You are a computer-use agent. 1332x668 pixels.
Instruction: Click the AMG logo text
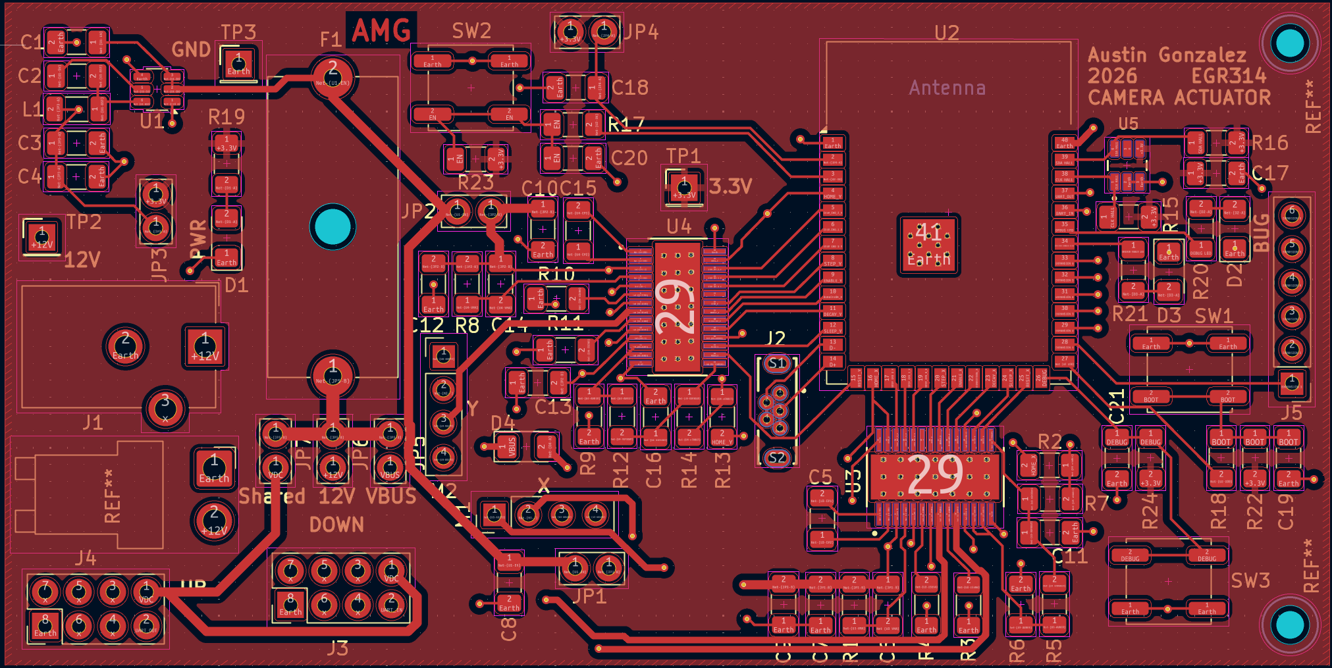click(381, 30)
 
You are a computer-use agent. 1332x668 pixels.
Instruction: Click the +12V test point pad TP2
click(42, 237)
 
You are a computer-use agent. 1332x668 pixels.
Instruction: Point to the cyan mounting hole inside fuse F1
click(333, 226)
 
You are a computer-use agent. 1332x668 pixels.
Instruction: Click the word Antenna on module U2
click(947, 88)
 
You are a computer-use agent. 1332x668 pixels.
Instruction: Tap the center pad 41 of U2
click(928, 244)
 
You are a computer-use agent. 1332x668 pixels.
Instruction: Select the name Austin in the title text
click(1117, 55)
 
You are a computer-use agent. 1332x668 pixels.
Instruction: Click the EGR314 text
click(1229, 76)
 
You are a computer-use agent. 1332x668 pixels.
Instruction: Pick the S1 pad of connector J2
click(777, 363)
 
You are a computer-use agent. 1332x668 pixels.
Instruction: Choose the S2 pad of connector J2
click(777, 458)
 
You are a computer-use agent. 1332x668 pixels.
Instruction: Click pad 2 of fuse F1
click(333, 73)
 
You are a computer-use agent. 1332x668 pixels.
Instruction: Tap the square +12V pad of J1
click(205, 346)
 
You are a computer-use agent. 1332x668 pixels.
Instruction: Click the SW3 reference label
click(1250, 580)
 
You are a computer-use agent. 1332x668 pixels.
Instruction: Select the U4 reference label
click(679, 227)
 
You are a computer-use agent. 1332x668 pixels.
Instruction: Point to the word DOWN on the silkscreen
click(336, 525)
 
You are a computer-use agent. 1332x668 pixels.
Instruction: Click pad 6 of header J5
click(1291, 215)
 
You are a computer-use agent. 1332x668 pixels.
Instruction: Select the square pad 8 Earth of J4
click(45, 625)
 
